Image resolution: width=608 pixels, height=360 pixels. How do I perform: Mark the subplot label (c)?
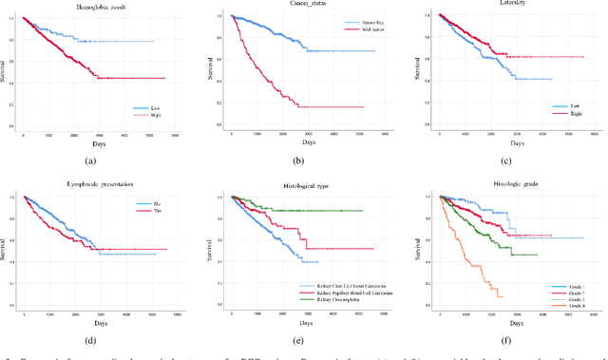513,162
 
